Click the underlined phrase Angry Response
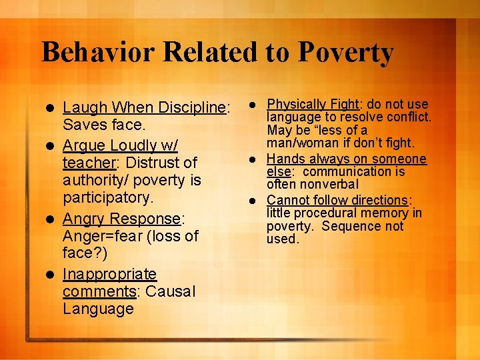122,218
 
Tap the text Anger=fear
106,236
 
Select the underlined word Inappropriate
109,274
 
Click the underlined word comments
99,291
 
